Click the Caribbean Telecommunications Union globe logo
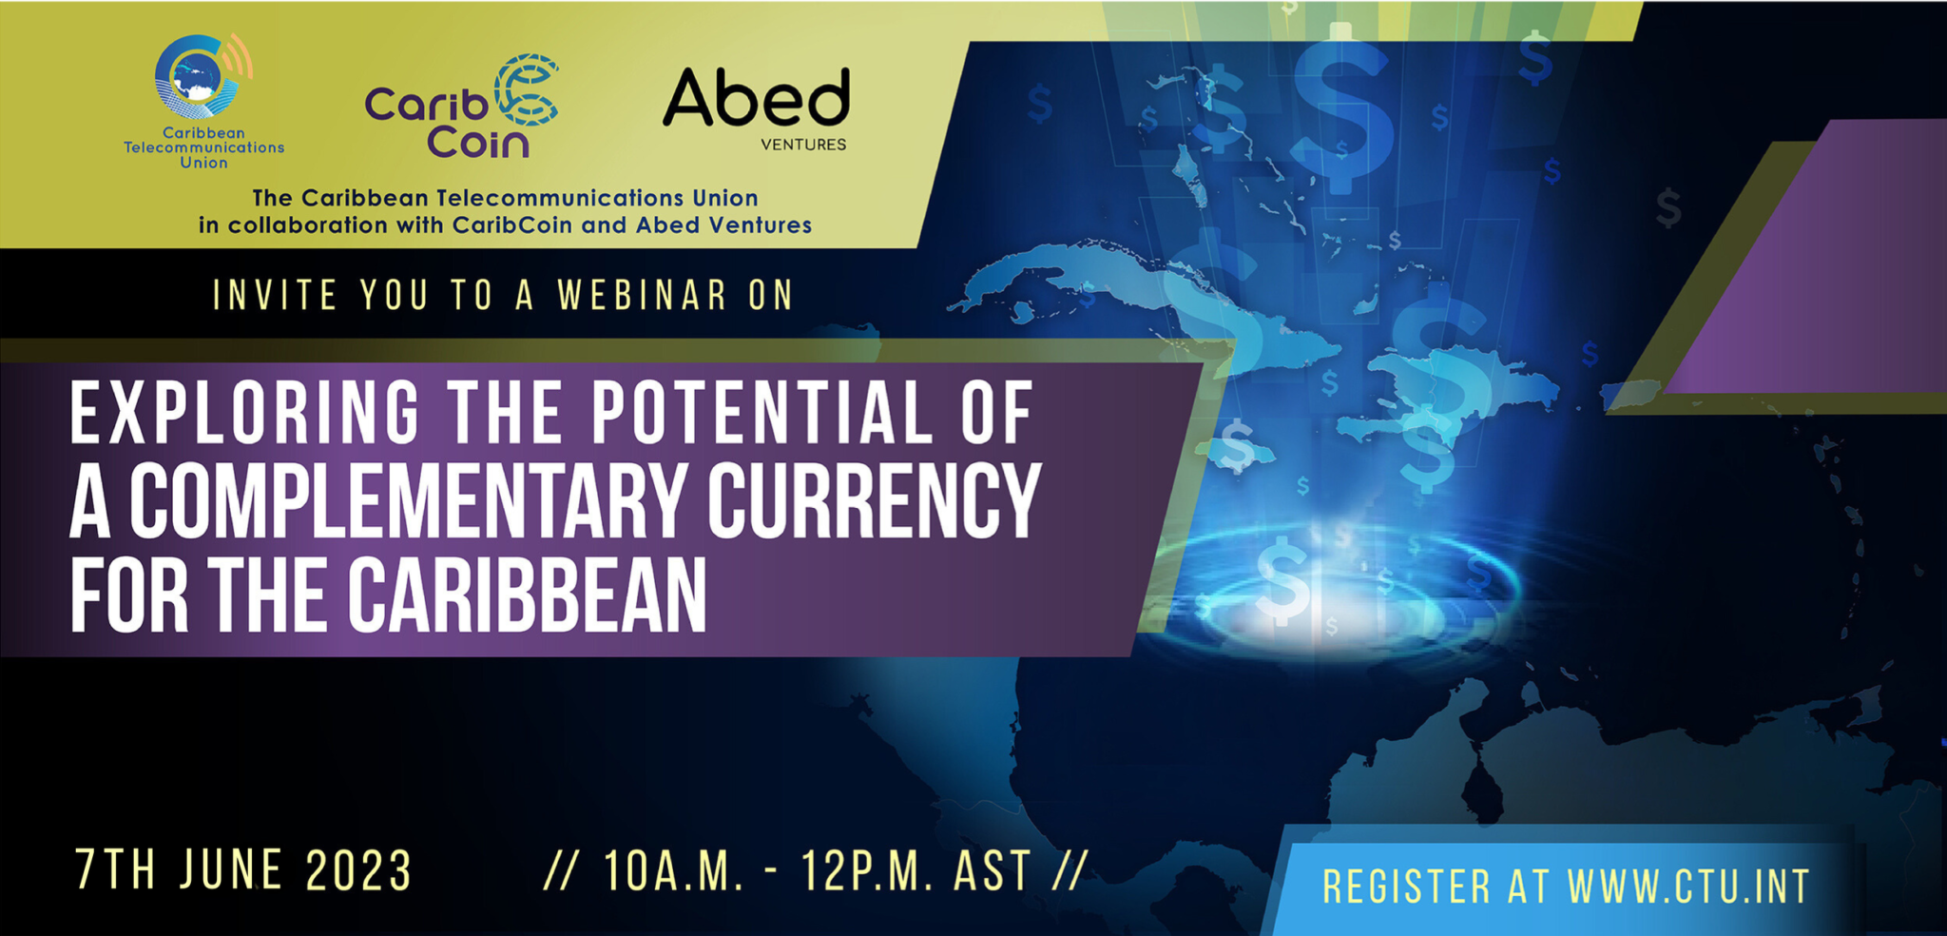(x=202, y=77)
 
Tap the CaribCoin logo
(x=461, y=107)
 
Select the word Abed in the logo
(x=756, y=98)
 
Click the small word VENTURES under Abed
(x=803, y=145)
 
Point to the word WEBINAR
(x=643, y=295)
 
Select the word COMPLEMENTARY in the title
(x=408, y=501)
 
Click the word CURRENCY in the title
(x=874, y=501)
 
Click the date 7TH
(x=116, y=869)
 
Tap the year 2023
(x=358, y=869)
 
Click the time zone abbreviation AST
(x=993, y=871)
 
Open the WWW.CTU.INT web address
(x=1688, y=887)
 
